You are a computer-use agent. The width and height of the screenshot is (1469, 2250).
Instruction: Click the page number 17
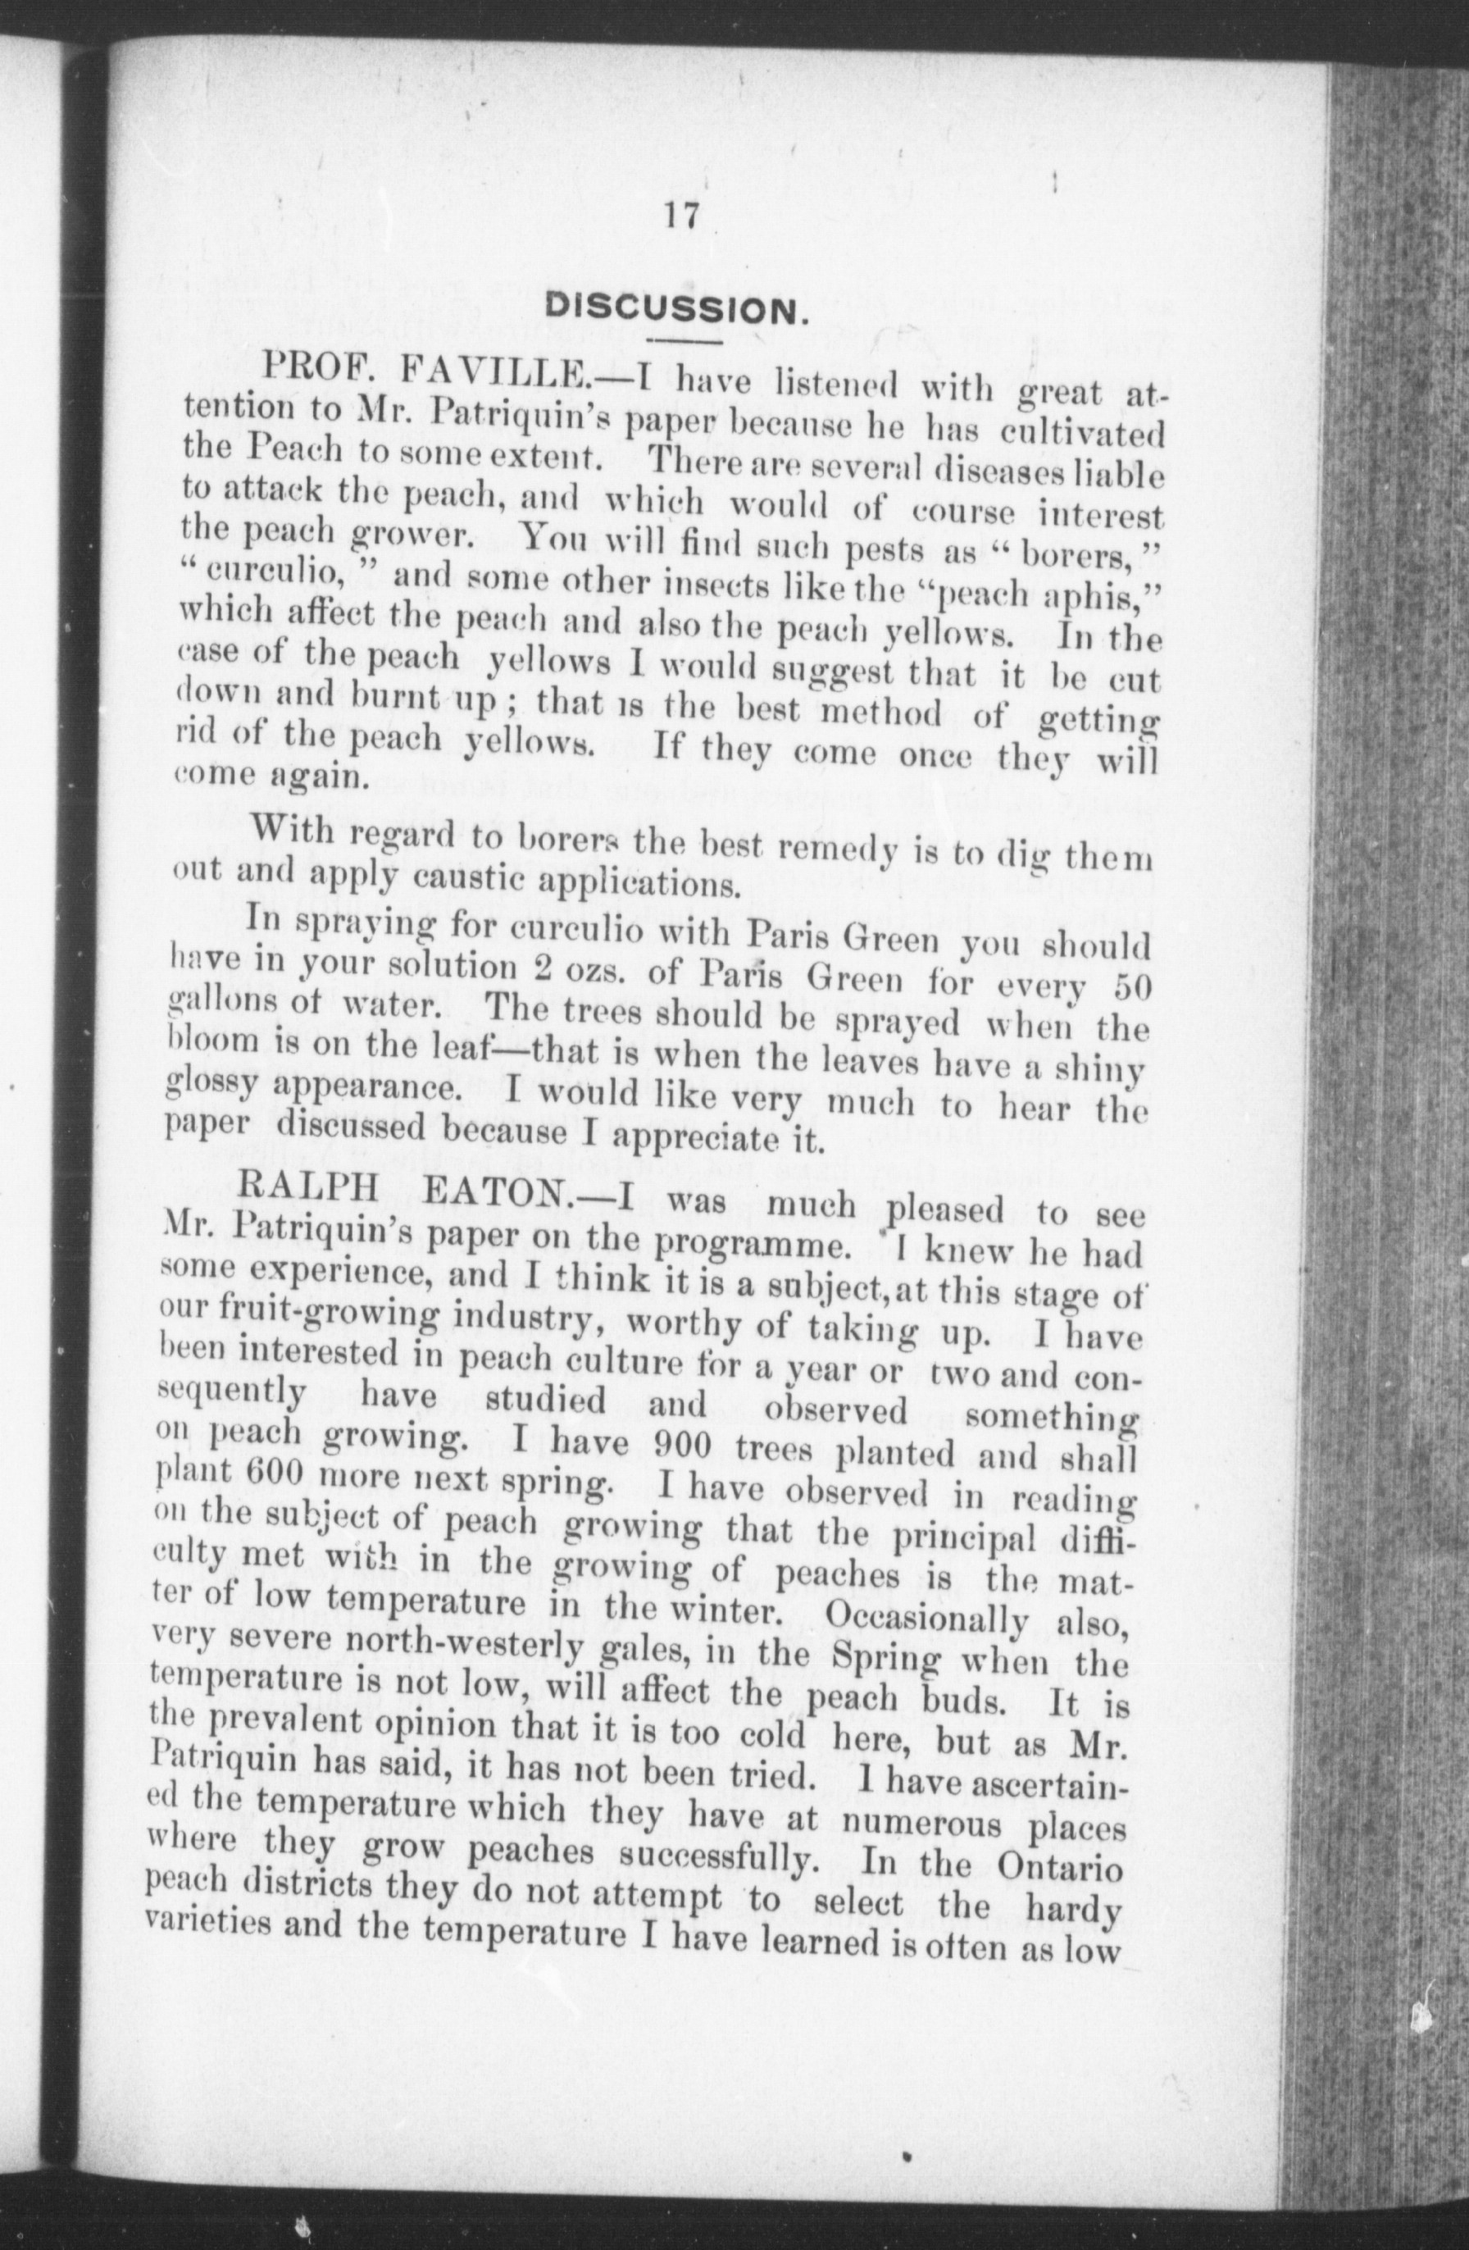[x=680, y=216]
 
